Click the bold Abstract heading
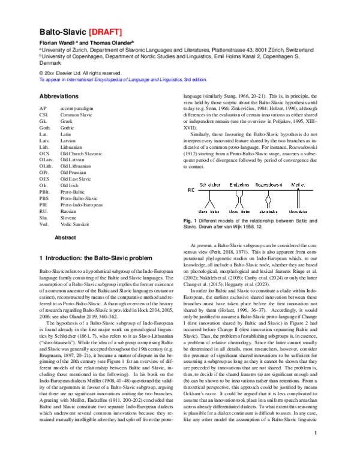pyautogui.click(x=65, y=237)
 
